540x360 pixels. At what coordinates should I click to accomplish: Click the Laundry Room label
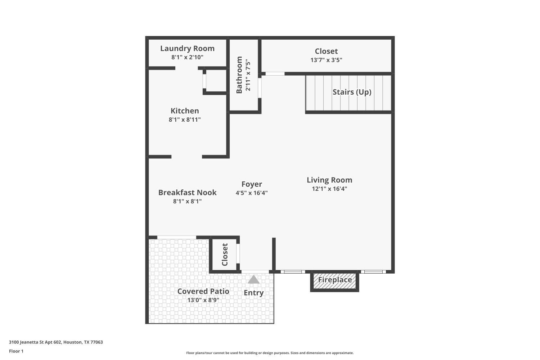click(187, 49)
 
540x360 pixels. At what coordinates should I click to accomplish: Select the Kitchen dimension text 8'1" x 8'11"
click(185, 120)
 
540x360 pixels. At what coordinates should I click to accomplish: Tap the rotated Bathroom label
click(239, 75)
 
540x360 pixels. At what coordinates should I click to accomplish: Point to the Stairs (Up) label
click(352, 92)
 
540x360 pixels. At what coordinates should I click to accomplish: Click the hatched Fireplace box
click(335, 280)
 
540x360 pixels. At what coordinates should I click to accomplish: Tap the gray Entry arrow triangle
click(254, 279)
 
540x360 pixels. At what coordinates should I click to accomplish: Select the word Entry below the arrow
click(254, 293)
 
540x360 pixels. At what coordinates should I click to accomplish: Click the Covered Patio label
click(203, 291)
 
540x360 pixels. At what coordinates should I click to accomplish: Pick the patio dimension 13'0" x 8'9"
click(203, 300)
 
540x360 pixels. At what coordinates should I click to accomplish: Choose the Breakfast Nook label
click(188, 193)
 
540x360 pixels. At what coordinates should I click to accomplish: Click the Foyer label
click(252, 184)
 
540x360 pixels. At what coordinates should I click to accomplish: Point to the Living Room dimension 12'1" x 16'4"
click(329, 189)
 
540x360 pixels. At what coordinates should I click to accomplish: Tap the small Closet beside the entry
click(225, 255)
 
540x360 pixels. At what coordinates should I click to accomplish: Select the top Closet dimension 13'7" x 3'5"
click(326, 60)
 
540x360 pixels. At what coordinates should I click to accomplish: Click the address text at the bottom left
click(56, 342)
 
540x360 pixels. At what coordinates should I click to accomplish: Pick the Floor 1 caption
click(16, 351)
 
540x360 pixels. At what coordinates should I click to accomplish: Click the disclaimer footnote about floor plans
click(270, 353)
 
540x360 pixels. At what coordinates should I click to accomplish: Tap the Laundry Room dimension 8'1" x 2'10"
click(187, 57)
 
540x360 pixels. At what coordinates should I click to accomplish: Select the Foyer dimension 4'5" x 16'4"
click(252, 193)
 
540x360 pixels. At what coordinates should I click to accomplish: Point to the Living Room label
click(329, 180)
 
